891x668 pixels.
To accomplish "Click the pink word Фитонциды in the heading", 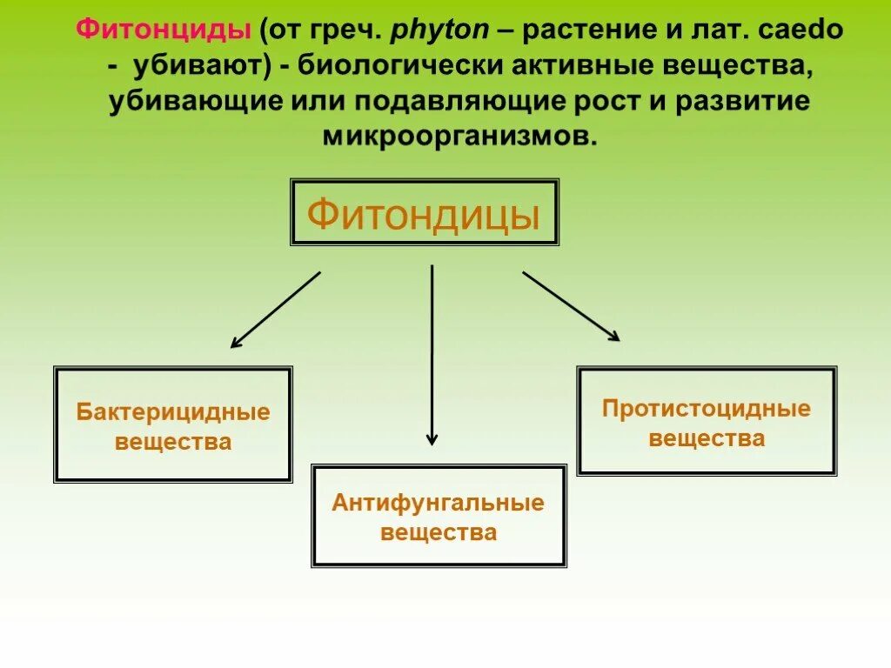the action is (x=164, y=31).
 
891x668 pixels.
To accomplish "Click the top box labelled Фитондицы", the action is (x=424, y=212).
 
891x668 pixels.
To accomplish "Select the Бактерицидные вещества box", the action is (x=173, y=424).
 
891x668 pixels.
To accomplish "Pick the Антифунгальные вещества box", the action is (x=439, y=516).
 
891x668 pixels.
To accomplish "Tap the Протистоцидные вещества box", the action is (x=707, y=421).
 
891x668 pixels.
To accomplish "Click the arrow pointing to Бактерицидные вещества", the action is (x=275, y=310).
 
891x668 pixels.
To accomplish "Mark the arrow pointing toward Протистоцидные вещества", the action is (x=571, y=306).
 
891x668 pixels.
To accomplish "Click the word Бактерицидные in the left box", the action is (x=173, y=411).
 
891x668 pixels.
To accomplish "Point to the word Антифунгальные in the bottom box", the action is (x=439, y=503).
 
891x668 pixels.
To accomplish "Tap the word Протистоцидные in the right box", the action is (x=707, y=408).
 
